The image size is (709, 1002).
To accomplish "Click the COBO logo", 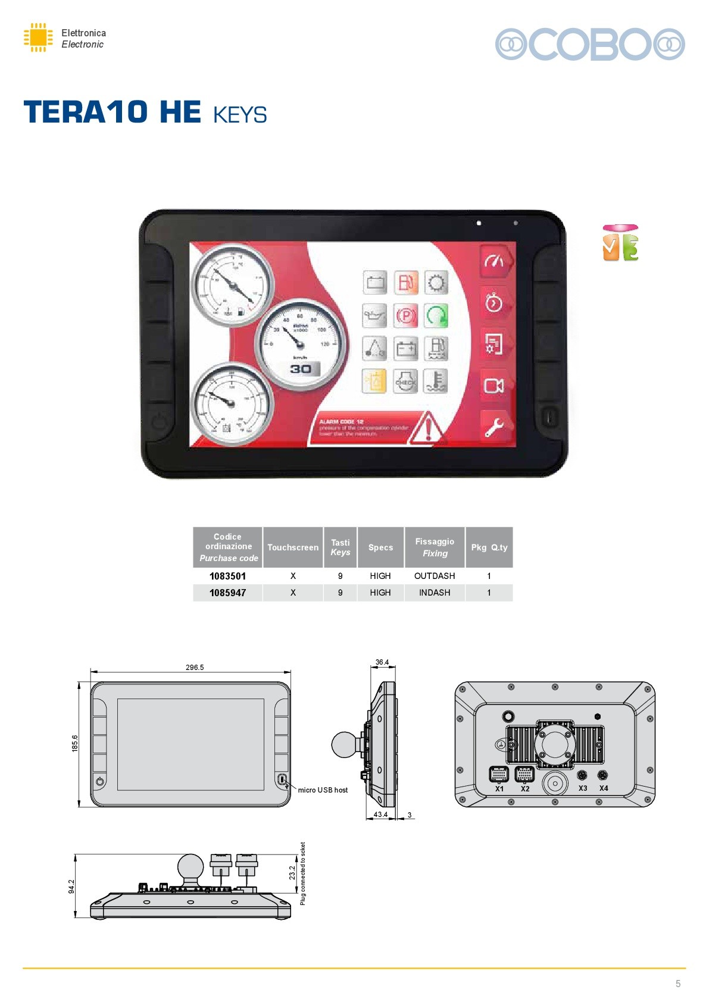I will (x=590, y=44).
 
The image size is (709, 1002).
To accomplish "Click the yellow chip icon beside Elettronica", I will (x=38, y=37).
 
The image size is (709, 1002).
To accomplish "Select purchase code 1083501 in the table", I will (x=227, y=576).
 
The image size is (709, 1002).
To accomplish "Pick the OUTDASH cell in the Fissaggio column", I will (x=435, y=576).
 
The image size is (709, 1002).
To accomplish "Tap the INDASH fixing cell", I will (x=435, y=593).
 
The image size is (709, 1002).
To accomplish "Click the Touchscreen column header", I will (x=293, y=547).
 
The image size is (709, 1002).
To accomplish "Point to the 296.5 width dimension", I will (x=195, y=668).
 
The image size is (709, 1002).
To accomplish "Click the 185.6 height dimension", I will (x=75, y=743).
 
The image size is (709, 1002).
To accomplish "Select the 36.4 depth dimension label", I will (x=382, y=662).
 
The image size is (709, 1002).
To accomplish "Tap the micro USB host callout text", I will (x=323, y=790).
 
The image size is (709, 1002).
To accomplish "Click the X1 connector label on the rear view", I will (x=499, y=789).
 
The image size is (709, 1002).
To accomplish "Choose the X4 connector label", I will (x=604, y=788).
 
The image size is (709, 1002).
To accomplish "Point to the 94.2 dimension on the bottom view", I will (x=71, y=887).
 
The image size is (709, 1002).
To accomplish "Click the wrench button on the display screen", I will (x=494, y=426).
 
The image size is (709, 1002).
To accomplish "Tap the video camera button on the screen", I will (x=494, y=386).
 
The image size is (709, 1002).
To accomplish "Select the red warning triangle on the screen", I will (x=427, y=428).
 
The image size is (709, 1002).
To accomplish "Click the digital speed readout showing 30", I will (x=301, y=369).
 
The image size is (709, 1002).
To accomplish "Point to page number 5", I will (x=678, y=984).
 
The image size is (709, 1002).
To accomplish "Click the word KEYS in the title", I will (x=240, y=115).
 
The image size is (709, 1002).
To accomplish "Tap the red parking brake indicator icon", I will (x=406, y=315).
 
